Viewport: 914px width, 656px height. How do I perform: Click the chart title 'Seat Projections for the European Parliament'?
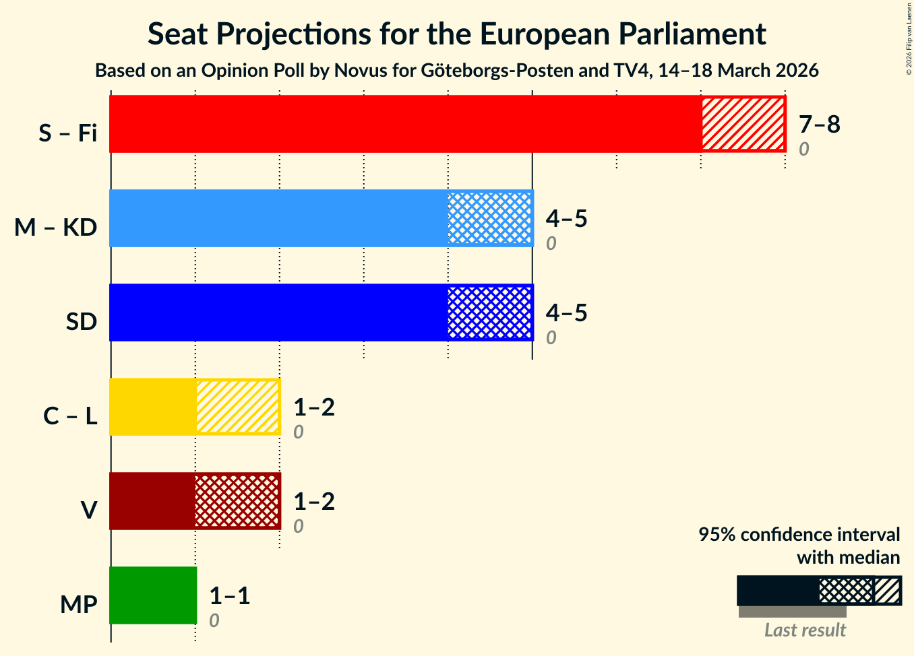[x=456, y=34]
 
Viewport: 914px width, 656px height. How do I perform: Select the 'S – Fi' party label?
[x=67, y=133]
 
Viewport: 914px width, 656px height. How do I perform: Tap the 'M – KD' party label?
[x=56, y=228]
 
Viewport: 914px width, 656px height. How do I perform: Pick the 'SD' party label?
[x=82, y=322]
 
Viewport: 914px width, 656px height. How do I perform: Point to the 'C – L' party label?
[x=70, y=416]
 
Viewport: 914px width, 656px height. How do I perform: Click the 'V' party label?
[x=88, y=511]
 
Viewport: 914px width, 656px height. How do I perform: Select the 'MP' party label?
[x=78, y=605]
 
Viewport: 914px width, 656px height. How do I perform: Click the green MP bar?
[x=153, y=595]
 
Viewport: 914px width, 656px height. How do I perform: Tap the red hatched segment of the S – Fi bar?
[x=743, y=124]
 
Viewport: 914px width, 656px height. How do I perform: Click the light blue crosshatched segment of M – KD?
[x=489, y=218]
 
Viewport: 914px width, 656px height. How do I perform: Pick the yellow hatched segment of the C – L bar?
[x=237, y=407]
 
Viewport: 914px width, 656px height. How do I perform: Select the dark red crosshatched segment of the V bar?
[x=237, y=501]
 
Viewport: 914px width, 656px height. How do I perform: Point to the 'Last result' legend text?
[x=805, y=630]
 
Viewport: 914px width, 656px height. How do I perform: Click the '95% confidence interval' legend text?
[x=799, y=535]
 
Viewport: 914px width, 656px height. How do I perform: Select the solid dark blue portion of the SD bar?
[x=278, y=313]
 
